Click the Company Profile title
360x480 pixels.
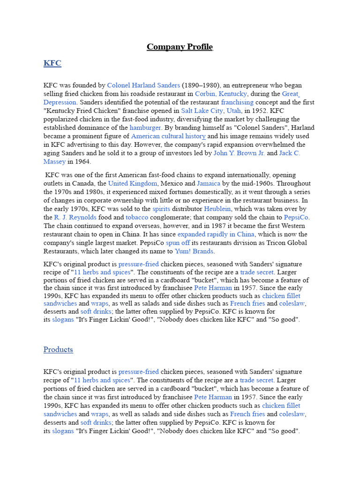(x=180, y=47)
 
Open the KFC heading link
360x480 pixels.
(x=52, y=63)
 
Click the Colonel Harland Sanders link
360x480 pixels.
(x=143, y=85)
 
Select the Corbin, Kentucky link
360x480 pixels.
(x=221, y=94)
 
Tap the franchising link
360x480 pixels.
(x=237, y=102)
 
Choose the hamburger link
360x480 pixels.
(x=145, y=127)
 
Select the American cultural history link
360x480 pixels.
(x=168, y=136)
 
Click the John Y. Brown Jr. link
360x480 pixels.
(x=239, y=153)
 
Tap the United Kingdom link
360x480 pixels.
(x=133, y=183)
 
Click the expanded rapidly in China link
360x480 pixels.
(x=216, y=234)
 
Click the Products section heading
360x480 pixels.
(x=58, y=350)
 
